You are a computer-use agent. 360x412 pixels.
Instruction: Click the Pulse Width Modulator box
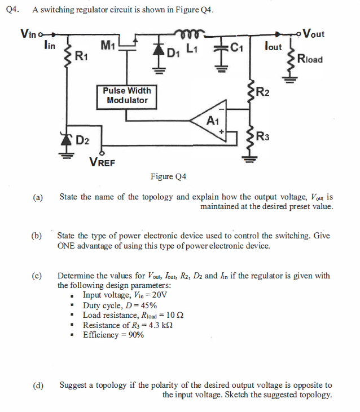tap(128, 96)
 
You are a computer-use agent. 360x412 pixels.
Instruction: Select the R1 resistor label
tap(81, 55)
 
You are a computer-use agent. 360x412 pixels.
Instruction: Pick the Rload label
tap(309, 58)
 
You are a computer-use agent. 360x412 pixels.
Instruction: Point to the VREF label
tap(102, 163)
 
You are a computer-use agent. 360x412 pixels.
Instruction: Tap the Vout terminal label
tap(314, 33)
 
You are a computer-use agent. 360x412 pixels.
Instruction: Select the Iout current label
tap(273, 47)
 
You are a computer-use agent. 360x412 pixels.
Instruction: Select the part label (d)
tap(38, 386)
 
